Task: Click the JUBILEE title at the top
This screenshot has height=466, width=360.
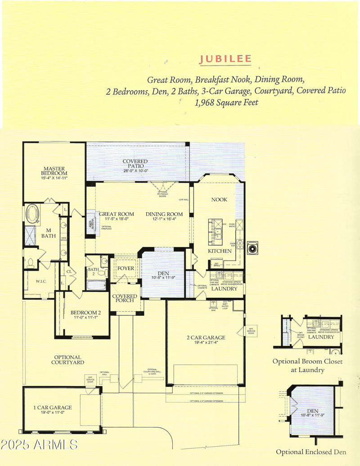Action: coord(225,59)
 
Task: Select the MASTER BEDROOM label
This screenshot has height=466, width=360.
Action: coord(54,170)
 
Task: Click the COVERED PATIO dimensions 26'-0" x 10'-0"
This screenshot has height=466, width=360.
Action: coord(135,171)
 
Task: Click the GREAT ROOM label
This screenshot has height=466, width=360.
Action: coord(117,214)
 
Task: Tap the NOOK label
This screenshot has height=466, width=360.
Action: coord(219,199)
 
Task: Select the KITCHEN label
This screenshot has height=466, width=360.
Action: coord(219,251)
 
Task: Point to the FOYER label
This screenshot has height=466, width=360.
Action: coord(126,269)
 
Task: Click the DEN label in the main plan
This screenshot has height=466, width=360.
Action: coord(163,272)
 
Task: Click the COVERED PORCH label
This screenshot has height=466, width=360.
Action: coord(126,297)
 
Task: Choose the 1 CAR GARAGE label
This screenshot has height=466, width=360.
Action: coord(53,408)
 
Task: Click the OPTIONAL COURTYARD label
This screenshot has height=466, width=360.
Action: coord(67,359)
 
